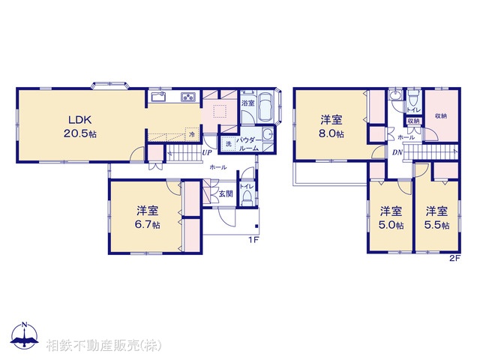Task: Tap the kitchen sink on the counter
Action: pyautogui.click(x=158, y=97)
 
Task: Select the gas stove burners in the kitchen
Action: pyautogui.click(x=187, y=97)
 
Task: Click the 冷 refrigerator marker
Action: pyautogui.click(x=191, y=134)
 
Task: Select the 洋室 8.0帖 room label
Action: pyautogui.click(x=331, y=126)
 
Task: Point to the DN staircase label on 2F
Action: pyautogui.click(x=397, y=152)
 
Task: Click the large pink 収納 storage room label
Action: pyautogui.click(x=440, y=116)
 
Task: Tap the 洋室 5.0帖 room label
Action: pyautogui.click(x=390, y=217)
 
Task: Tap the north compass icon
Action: pyautogui.click(x=25, y=337)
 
